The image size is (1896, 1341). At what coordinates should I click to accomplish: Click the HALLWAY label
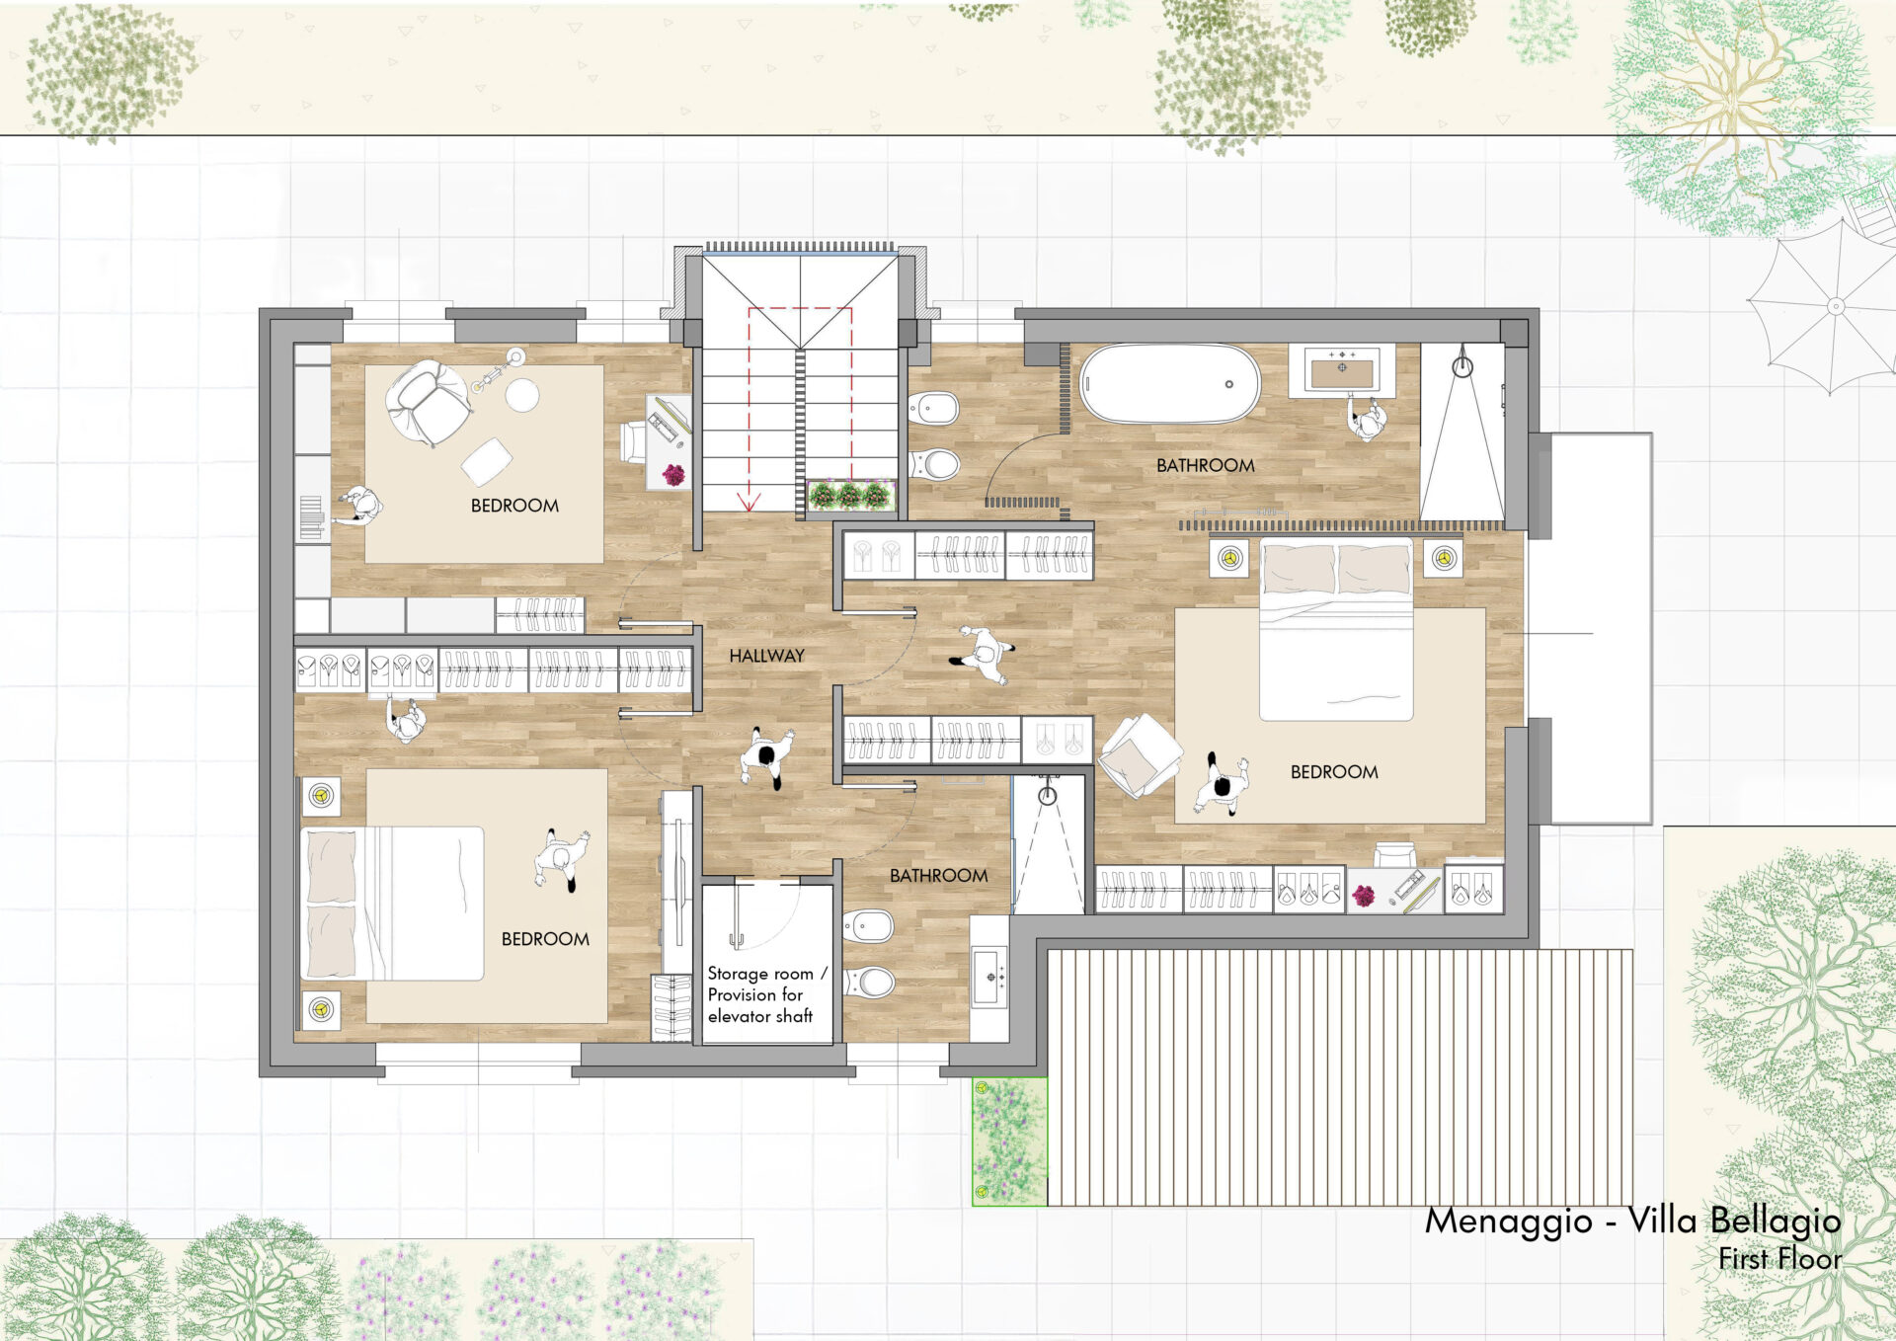click(766, 656)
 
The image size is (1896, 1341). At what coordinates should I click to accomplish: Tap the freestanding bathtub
click(1170, 384)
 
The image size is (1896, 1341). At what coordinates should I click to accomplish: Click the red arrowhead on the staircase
click(749, 502)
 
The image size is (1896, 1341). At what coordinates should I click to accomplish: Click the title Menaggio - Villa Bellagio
click(1632, 1221)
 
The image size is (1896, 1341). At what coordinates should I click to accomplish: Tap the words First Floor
click(1779, 1259)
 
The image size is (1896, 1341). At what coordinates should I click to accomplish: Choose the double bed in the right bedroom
click(1336, 629)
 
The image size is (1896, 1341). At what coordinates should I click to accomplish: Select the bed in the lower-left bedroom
click(392, 904)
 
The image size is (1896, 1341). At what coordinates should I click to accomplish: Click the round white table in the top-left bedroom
click(522, 395)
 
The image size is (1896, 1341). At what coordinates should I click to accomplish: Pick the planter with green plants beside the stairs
click(851, 495)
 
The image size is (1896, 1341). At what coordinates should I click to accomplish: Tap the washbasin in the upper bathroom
click(1341, 369)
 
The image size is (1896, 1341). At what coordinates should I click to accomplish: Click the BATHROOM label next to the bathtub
click(1206, 465)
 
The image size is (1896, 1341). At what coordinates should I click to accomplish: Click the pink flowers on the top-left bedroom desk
click(673, 475)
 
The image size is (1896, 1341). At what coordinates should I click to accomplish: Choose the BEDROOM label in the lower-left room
click(545, 939)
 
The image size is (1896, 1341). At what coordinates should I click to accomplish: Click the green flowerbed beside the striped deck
click(1009, 1142)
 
